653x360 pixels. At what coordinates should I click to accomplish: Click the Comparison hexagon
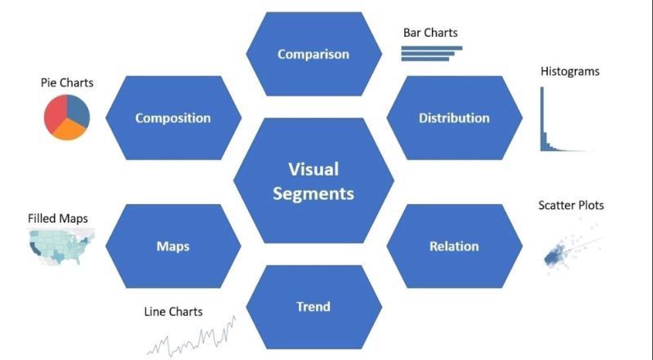pos(313,55)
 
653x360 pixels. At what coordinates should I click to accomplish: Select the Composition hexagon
pos(172,118)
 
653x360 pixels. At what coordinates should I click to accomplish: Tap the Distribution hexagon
pos(454,118)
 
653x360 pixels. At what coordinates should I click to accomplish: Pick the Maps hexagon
pos(172,246)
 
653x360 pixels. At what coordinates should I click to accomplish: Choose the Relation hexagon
pos(454,246)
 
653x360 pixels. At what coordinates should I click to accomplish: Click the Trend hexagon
pos(313,307)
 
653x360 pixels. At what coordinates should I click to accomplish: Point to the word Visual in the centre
pos(313,169)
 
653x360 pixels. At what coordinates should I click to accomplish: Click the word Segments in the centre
pos(313,193)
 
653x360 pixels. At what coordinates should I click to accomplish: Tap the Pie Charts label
pos(67,82)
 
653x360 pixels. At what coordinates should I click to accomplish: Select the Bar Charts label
pos(430,33)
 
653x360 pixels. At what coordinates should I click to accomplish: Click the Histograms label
pos(570,71)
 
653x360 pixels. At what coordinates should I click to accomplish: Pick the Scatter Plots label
pos(571,205)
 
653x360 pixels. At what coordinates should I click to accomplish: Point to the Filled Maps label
pos(58,219)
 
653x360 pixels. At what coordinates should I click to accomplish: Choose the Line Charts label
pos(173,312)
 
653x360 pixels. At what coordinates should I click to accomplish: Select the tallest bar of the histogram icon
pos(541,119)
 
